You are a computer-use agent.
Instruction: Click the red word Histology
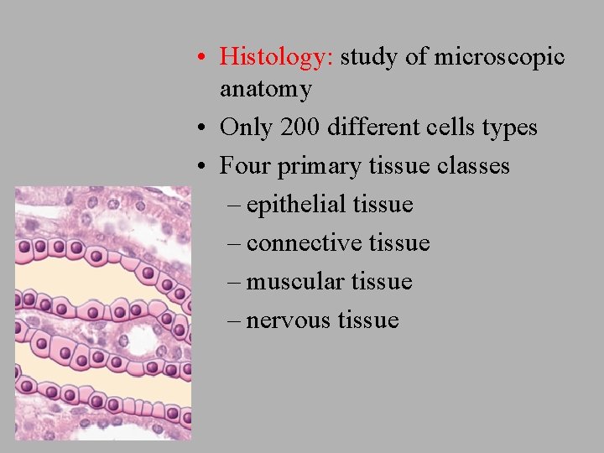[x=276, y=57]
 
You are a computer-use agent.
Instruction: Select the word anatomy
[x=265, y=89]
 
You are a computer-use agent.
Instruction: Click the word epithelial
[x=297, y=205]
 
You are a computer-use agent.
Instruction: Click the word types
[x=507, y=128]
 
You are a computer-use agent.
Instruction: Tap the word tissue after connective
[x=399, y=243]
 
